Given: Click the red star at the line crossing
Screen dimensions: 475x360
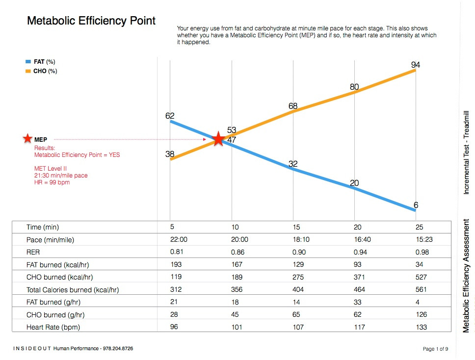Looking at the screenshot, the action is (218, 139).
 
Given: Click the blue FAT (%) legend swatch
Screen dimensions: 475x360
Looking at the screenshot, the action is (28, 62).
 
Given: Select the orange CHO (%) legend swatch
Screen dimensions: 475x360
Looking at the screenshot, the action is (28, 71).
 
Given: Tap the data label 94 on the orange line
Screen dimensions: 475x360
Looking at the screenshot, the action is (416, 65).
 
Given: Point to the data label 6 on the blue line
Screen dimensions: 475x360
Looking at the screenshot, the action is (416, 205).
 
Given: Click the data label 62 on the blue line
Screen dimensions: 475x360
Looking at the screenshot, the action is (170, 116).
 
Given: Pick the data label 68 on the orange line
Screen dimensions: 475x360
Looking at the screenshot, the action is (293, 106).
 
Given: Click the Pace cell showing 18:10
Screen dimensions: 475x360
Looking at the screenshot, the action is (301, 239).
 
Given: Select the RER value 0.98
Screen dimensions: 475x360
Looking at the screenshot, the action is (422, 252).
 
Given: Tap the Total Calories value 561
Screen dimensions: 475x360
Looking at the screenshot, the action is (421, 289).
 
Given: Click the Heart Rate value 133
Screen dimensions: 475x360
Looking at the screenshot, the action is (422, 327).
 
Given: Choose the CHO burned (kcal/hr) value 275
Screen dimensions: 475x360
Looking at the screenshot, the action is (298, 277).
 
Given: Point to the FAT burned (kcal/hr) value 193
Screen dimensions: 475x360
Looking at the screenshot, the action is (176, 264).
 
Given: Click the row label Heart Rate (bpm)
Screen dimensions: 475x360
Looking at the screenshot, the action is (53, 327).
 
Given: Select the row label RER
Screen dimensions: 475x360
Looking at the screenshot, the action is (33, 252).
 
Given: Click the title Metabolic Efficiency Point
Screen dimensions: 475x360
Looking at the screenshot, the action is (91, 21).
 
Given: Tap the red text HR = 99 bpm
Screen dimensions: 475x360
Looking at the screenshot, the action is (52, 182).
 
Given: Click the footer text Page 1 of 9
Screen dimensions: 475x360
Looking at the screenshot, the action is (435, 349).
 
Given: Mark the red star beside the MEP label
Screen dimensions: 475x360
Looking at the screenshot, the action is (27, 139).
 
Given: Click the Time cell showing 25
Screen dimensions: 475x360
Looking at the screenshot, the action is (419, 227).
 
